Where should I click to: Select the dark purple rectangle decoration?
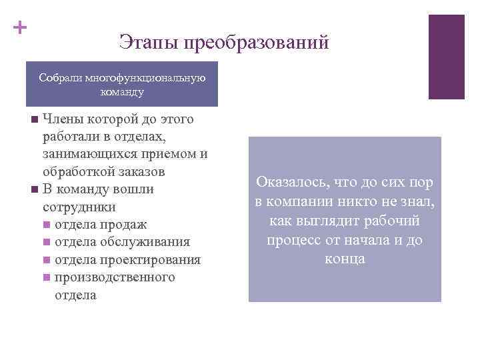point(446,57)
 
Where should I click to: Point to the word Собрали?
point(61,78)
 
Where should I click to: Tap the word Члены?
point(64,120)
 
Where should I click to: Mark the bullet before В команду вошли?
point(34,190)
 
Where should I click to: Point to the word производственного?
point(115,277)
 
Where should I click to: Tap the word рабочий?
point(395,220)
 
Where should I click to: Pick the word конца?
point(345,259)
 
